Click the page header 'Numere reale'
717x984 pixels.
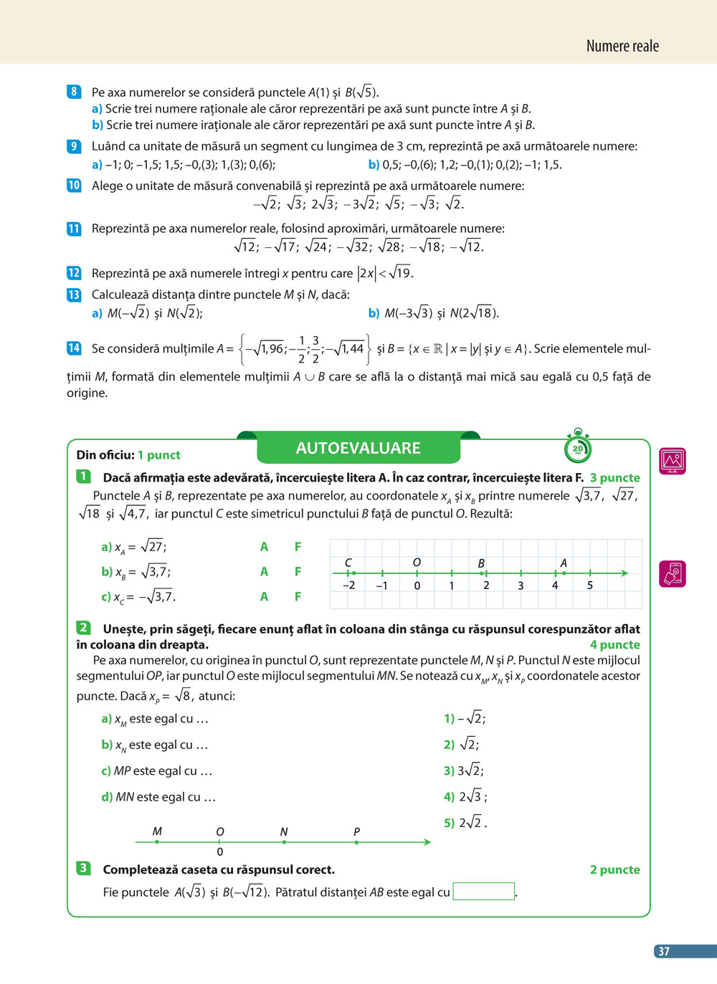(622, 47)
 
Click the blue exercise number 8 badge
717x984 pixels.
(74, 92)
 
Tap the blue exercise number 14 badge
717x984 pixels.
(74, 348)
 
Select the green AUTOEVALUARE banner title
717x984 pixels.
(358, 448)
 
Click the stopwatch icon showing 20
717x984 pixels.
(577, 449)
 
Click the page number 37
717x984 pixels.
(664, 951)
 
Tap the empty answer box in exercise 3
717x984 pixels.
(484, 892)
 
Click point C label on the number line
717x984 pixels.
(348, 563)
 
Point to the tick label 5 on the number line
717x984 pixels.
(590, 586)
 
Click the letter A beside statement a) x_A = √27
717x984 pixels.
(264, 547)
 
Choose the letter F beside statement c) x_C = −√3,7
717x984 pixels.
(298, 596)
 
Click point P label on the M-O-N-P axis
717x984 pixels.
(356, 831)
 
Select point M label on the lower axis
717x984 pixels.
(157, 831)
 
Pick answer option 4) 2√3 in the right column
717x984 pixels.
(465, 796)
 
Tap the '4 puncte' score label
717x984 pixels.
(614, 644)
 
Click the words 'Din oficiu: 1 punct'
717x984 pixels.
(128, 455)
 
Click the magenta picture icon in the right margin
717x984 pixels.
(673, 461)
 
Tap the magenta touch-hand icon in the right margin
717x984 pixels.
(673, 574)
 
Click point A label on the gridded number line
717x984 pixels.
(564, 563)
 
